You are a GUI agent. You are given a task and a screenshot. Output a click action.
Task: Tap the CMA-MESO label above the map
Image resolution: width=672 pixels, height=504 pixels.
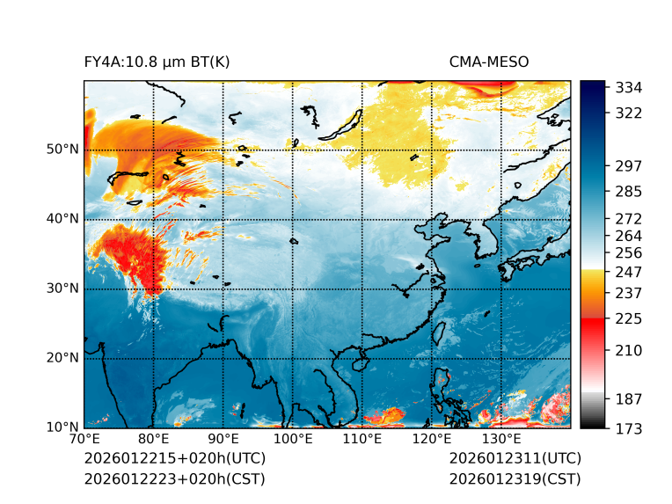point(488,62)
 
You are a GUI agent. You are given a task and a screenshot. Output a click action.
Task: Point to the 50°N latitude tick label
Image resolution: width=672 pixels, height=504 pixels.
point(62,149)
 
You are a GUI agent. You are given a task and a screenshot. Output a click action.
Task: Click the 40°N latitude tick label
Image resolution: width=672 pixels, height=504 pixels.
point(62,218)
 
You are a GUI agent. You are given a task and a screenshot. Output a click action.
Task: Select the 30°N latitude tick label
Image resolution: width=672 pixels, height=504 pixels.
point(62,289)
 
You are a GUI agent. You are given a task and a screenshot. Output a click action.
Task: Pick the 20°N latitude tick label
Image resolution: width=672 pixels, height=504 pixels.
point(62,358)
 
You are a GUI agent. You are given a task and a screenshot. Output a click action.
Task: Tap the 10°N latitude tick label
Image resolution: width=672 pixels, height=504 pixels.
point(62,427)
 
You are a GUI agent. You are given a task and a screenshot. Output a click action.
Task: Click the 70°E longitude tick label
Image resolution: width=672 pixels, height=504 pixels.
point(84,440)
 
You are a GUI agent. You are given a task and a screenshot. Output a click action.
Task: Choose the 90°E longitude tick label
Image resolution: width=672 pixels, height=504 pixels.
point(223,440)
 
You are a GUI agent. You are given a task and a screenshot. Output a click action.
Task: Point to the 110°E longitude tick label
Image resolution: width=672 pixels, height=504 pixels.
point(362,440)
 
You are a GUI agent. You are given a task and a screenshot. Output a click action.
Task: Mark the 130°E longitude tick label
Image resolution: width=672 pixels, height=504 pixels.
point(501,440)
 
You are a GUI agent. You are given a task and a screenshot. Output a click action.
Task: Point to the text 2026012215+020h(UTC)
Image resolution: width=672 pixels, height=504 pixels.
point(174,458)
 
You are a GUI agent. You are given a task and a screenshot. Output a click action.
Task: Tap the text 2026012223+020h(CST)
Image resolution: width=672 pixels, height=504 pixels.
point(174,478)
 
